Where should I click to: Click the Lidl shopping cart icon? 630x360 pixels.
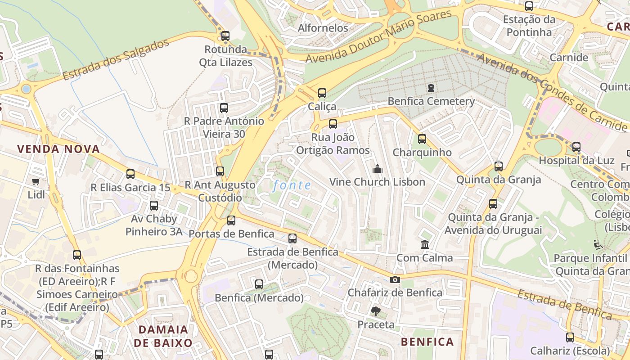click(36, 181)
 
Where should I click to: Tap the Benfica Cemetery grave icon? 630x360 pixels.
click(431, 87)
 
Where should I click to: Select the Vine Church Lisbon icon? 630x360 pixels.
click(377, 169)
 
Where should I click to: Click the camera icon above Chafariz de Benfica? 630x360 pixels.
click(395, 279)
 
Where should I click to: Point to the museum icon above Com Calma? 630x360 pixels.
click(424, 244)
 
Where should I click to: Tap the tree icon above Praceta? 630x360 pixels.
click(375, 311)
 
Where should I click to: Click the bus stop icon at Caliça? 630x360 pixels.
click(322, 93)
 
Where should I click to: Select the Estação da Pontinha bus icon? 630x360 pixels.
click(529, 6)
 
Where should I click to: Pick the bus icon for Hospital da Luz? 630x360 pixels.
click(576, 147)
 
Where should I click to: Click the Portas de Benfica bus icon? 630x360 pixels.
click(231, 220)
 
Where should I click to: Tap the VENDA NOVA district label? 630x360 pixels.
click(58, 149)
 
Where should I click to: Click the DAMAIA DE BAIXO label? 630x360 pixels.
click(163, 336)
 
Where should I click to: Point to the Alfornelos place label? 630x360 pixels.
click(323, 28)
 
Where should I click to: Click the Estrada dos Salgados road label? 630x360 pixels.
click(116, 59)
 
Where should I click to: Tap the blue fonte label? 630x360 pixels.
click(292, 185)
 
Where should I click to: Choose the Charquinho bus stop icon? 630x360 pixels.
click(422, 139)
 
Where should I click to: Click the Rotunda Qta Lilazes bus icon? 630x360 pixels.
click(225, 36)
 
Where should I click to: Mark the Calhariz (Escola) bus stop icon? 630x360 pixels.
click(570, 337)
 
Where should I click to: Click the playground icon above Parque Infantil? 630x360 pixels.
click(598, 245)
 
